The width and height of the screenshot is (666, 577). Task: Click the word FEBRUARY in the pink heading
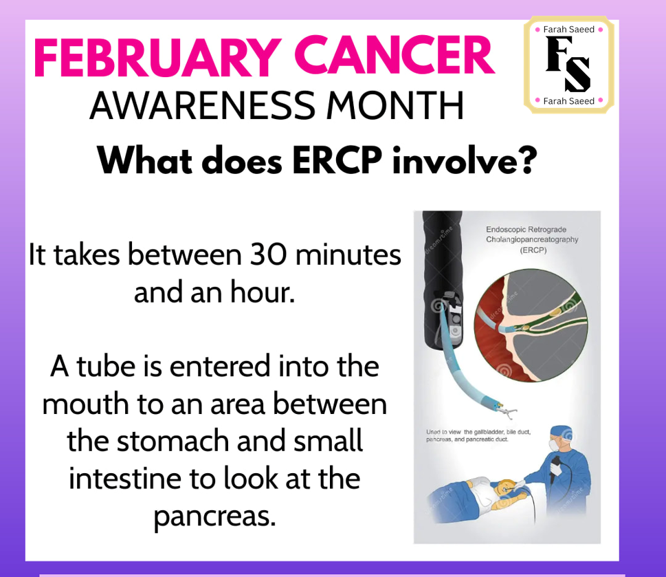point(157,57)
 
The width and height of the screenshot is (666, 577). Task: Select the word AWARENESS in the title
point(203,106)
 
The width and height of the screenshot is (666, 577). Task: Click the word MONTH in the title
point(395,106)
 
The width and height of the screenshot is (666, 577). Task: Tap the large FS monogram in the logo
point(568,64)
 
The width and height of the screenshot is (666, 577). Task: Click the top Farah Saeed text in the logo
point(568,30)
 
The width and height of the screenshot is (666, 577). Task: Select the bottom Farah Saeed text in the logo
point(568,101)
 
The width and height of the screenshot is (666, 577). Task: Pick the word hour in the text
point(262,293)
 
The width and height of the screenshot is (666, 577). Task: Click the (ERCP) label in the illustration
point(533,250)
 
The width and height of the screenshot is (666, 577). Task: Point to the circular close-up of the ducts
point(531,325)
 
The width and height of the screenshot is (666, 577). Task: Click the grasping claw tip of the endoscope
point(507,411)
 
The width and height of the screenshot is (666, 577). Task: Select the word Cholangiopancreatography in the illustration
point(532,239)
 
